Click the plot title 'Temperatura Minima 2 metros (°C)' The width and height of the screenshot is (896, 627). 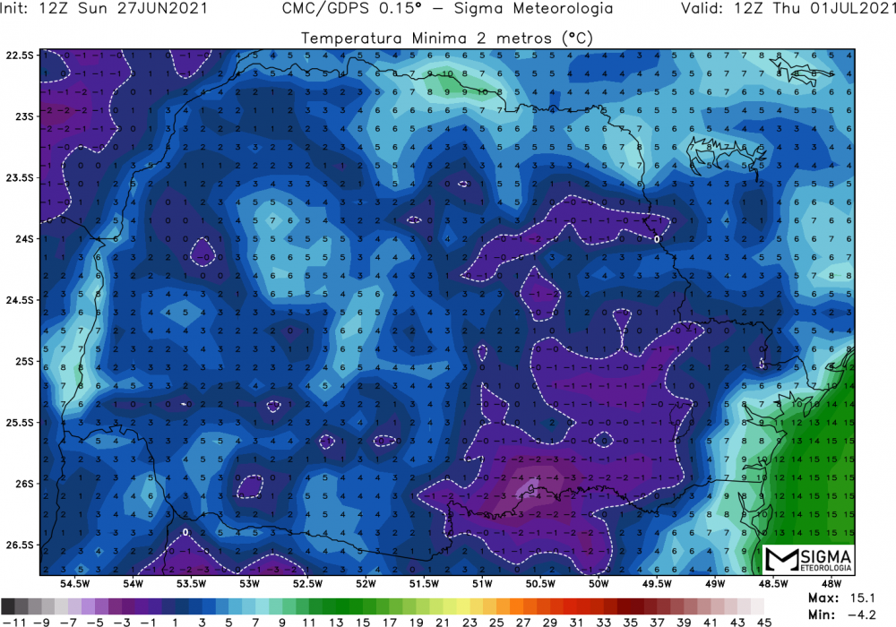tap(448, 39)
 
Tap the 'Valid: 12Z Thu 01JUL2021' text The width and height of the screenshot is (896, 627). tap(786, 9)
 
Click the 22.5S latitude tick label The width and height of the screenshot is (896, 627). tap(20, 55)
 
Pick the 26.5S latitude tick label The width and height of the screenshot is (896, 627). tap(20, 545)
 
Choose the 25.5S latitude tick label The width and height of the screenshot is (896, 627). tap(20, 423)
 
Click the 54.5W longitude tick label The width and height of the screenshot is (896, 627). tap(74, 583)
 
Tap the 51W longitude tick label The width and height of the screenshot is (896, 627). tap(483, 583)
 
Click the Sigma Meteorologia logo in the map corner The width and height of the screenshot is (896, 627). tap(809, 561)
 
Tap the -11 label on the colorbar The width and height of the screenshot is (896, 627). tap(12, 619)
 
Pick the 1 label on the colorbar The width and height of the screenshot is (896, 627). tap(175, 619)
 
